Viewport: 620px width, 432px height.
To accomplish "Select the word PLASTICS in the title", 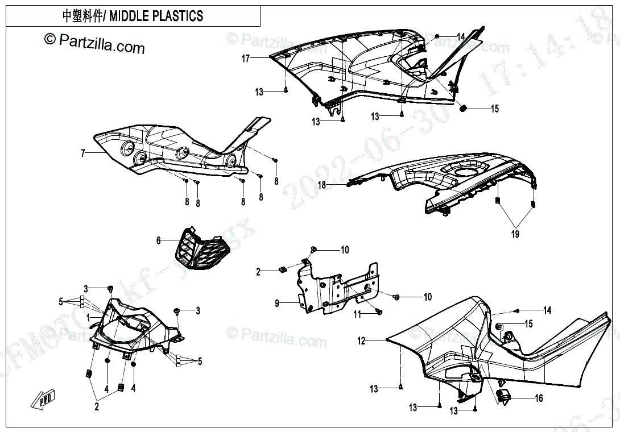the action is point(177,16).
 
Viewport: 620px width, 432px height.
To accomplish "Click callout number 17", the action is point(246,59).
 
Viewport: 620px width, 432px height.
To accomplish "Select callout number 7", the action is point(82,153).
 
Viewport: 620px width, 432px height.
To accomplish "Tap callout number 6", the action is point(159,240).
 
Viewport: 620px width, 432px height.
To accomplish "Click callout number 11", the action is point(357,314).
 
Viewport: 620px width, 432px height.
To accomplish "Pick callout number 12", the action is point(361,341).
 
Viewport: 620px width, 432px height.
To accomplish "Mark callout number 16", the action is point(539,398).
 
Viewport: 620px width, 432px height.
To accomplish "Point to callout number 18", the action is point(322,185).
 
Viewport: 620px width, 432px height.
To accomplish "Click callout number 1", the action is point(88,317).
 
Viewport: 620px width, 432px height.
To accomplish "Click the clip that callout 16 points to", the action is point(504,396).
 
